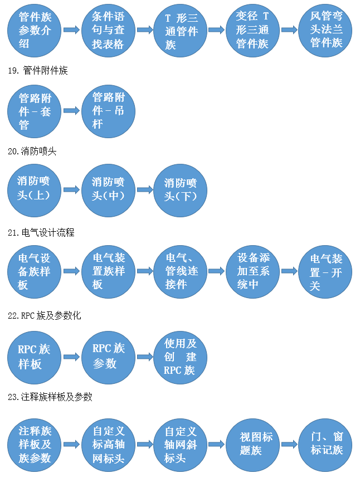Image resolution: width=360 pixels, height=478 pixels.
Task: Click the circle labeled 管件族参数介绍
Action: (x=34, y=30)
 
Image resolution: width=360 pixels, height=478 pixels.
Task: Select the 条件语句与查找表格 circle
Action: (x=108, y=30)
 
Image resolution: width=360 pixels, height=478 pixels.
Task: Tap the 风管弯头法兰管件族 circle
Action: (x=325, y=30)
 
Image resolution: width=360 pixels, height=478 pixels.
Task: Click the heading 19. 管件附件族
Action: (x=38, y=70)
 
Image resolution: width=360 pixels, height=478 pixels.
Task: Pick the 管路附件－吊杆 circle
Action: (x=108, y=111)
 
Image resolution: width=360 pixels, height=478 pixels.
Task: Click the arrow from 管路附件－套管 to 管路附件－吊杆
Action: (x=71, y=111)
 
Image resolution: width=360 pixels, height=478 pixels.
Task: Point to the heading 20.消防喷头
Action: (x=32, y=151)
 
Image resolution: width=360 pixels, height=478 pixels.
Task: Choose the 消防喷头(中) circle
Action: (x=108, y=191)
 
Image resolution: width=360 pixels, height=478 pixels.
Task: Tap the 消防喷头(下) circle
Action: (x=181, y=191)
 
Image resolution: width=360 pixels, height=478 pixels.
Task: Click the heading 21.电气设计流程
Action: (x=41, y=233)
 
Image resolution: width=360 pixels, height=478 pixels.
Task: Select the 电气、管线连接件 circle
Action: (x=181, y=272)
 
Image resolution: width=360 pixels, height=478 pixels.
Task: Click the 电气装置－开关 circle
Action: (x=325, y=272)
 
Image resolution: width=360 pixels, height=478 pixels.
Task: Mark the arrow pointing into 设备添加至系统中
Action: (x=216, y=271)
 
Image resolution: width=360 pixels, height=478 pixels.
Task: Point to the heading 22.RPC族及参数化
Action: (x=45, y=315)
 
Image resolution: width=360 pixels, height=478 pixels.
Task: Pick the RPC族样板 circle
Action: (x=34, y=358)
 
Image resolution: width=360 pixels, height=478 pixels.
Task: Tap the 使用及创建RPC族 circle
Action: (x=181, y=358)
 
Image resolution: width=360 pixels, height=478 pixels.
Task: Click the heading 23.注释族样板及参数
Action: (x=50, y=397)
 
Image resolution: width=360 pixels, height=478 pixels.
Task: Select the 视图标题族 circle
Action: (x=252, y=445)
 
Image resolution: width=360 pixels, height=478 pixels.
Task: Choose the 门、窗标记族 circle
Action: (x=325, y=445)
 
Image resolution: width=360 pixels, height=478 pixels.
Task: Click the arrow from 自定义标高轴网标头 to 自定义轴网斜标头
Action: (x=145, y=444)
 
